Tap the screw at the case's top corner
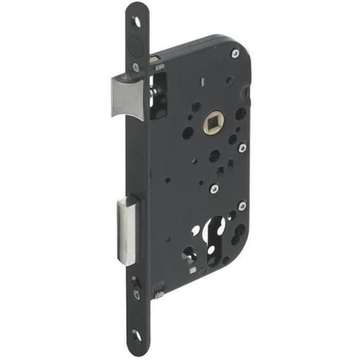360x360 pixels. [x=234, y=54]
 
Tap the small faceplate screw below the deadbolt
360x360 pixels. [x=137, y=294]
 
